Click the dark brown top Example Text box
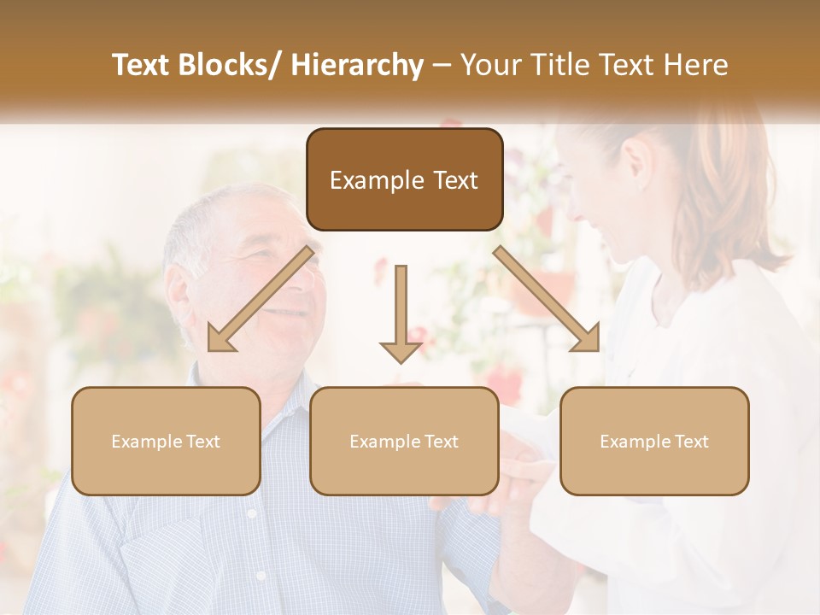click(404, 179)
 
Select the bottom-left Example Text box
click(166, 441)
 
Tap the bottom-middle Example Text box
click(404, 441)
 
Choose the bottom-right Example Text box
click(654, 441)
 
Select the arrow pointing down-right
click(548, 299)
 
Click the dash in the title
click(442, 66)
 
